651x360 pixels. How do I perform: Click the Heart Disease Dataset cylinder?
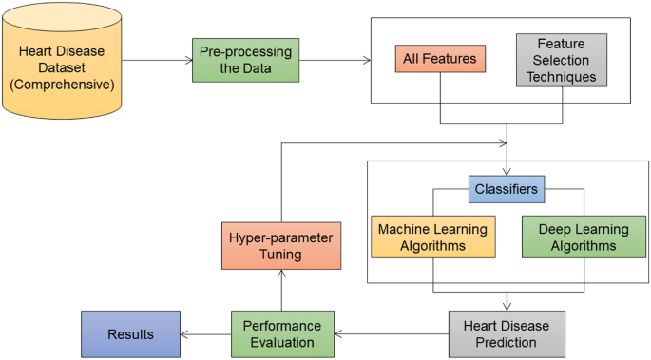tap(62, 62)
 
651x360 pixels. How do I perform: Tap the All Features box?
tap(440, 59)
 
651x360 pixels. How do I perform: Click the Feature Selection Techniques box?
tap(561, 60)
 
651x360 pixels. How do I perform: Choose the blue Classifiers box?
tap(506, 189)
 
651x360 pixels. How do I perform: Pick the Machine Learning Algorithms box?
tap(432, 237)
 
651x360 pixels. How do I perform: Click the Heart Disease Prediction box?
tap(506, 333)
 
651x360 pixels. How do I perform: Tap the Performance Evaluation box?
tap(283, 333)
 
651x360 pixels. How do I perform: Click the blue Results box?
tap(130, 333)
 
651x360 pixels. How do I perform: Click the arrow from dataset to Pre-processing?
tap(157, 61)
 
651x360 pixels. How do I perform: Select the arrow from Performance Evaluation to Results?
tap(205, 333)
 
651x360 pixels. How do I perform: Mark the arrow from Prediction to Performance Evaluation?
tap(392, 333)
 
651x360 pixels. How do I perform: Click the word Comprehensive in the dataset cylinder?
tap(62, 84)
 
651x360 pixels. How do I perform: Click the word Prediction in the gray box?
tap(506, 342)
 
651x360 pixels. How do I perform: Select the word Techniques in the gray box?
tap(561, 76)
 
